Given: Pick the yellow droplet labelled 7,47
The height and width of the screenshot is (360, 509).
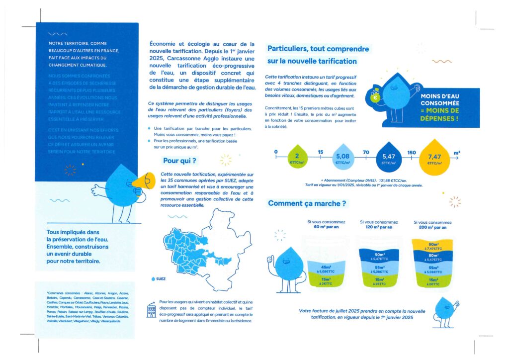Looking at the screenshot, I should [x=434, y=157].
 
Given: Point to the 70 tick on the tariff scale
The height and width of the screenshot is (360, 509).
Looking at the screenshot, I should [x=365, y=152].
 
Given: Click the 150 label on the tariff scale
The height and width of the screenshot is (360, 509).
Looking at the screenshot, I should [x=412, y=152].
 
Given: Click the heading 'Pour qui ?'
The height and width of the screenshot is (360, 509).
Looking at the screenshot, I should [x=179, y=161].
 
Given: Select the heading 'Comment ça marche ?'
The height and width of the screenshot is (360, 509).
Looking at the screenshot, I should [x=307, y=203].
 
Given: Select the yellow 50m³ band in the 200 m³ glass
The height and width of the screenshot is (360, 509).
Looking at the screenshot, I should [x=433, y=246].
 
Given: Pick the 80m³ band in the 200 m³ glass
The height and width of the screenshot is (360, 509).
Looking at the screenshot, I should [x=433, y=257].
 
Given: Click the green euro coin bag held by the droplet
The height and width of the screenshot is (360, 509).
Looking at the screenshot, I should [x=376, y=97].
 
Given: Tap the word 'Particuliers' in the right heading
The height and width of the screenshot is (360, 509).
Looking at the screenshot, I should [x=288, y=49].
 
